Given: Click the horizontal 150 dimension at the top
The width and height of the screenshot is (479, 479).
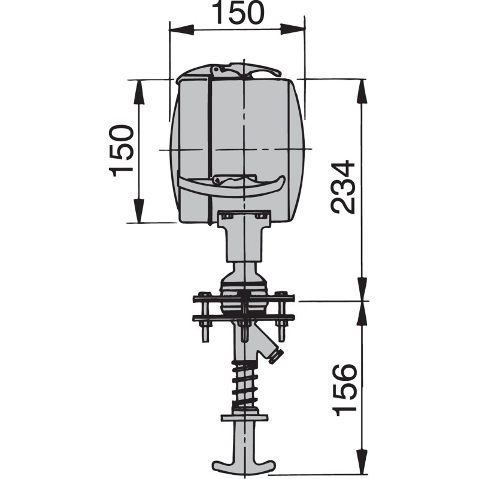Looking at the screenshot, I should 237,13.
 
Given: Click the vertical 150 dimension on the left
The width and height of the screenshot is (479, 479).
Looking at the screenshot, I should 122,150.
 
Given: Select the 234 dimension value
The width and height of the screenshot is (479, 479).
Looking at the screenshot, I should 344,187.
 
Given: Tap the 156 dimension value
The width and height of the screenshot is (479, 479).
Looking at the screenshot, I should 345,390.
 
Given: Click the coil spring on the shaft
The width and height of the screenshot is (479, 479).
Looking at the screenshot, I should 245,383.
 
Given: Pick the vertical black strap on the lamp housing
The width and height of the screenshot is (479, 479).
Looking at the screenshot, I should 210,144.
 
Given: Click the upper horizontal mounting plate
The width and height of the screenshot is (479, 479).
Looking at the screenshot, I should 243,298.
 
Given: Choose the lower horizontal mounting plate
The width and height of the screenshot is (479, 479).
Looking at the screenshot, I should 243,316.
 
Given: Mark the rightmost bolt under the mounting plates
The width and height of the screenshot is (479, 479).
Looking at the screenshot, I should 280,331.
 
